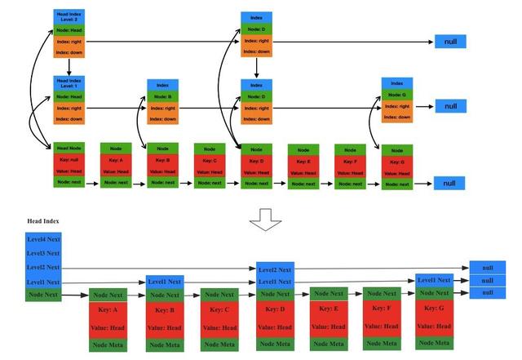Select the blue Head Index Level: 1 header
69,83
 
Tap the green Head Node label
69,148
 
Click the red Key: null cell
69,160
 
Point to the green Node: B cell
162,96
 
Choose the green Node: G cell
396,95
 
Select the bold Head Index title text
43,221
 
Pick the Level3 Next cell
43,252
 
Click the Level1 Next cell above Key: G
434,280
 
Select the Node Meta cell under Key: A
108,344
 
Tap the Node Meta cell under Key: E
329,344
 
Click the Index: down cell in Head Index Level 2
69,54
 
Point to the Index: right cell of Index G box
396,107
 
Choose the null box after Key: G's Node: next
449,183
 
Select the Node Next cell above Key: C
219,295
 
